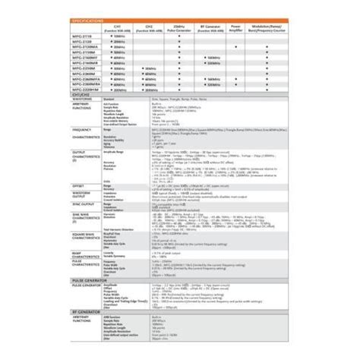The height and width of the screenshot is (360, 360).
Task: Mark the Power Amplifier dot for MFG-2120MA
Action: click(237, 46)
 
